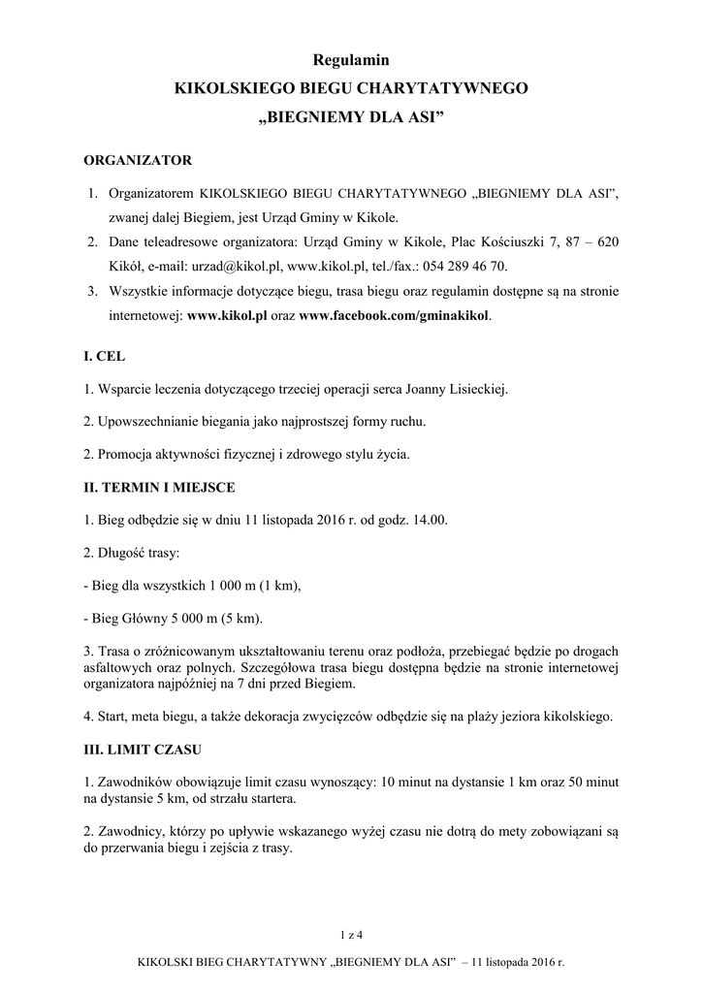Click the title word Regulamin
point(351,60)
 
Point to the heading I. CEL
point(106,357)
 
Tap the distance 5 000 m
point(187,618)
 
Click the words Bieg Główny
point(128,618)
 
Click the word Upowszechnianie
point(147,422)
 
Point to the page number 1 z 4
point(351,935)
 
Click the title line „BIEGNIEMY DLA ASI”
point(351,121)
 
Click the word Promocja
point(123,454)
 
